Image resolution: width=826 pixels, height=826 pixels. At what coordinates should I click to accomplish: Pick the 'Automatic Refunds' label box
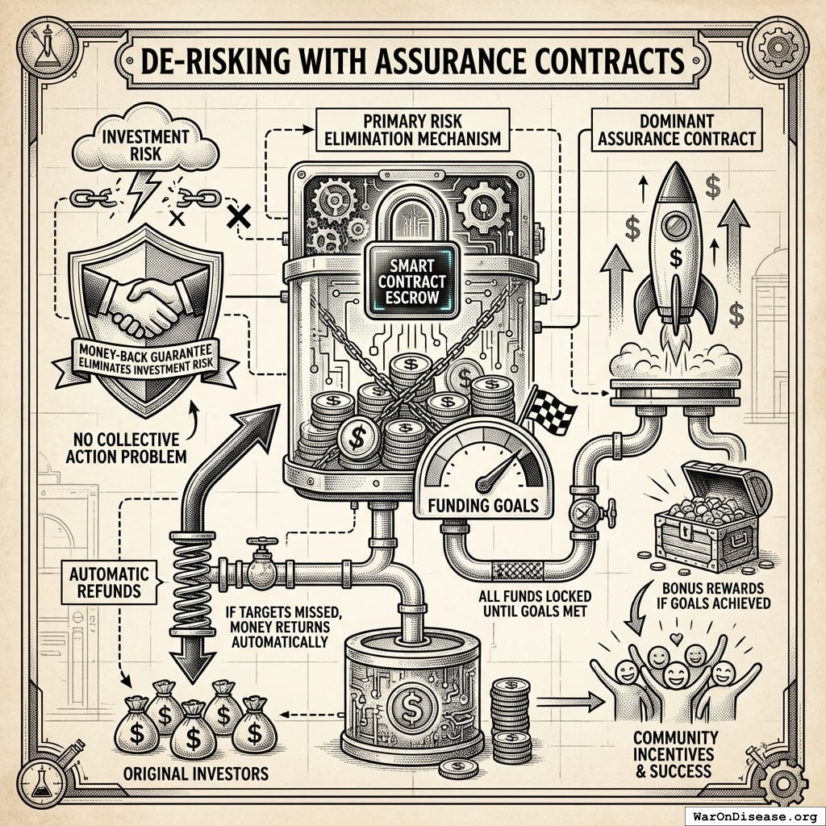pos(110,582)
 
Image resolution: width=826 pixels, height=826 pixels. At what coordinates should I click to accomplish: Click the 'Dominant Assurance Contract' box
pos(676,129)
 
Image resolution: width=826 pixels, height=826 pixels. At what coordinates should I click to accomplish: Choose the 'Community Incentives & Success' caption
pos(675,753)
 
